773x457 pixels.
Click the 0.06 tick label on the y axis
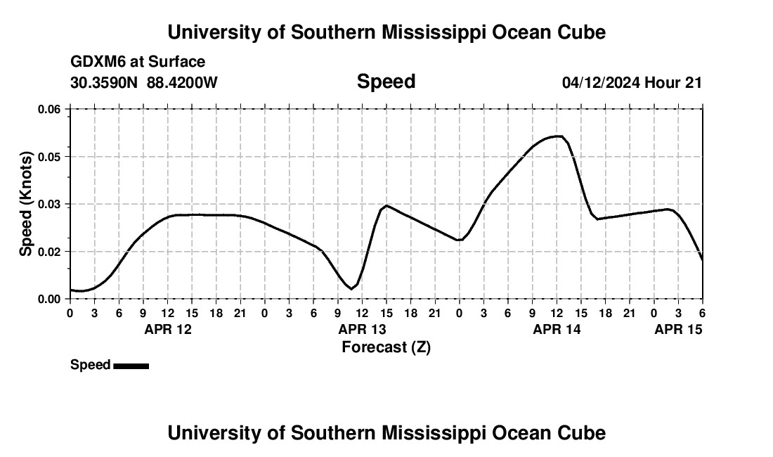click(48, 109)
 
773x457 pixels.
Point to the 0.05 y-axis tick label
click(48, 156)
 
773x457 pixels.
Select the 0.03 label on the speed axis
click(48, 204)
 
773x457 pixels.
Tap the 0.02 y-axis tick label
click(48, 251)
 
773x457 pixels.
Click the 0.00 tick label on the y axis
click(48, 299)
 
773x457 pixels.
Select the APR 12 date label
click(168, 329)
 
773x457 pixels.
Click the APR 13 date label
click(363, 329)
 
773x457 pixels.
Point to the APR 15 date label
click(679, 329)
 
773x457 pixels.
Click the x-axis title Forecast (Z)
click(386, 347)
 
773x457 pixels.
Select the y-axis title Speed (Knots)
click(26, 203)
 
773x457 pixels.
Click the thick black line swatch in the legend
click(131, 366)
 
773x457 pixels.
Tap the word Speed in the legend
click(90, 365)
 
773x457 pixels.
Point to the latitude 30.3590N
click(105, 82)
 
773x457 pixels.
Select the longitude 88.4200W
click(182, 82)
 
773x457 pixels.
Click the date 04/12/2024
click(601, 82)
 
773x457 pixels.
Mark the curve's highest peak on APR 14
click(558, 136)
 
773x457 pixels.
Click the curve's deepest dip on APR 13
click(351, 288)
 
